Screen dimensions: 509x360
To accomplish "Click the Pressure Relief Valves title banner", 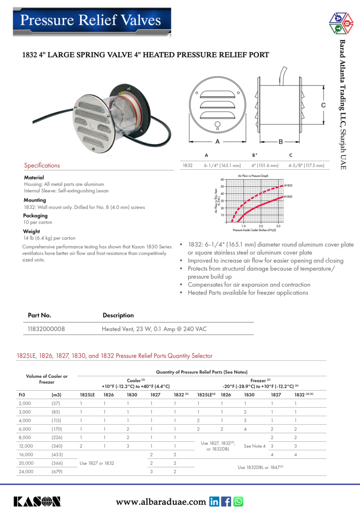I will [x=91, y=20].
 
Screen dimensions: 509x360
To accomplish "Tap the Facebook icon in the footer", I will [x=226, y=501].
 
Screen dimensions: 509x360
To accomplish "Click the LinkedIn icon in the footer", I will [x=214, y=501].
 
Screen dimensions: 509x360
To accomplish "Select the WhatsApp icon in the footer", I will [x=238, y=501].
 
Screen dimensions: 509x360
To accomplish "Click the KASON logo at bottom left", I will [x=37, y=501].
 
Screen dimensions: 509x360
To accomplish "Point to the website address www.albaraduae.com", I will [x=161, y=502].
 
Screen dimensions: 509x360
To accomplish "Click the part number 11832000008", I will [x=46, y=329].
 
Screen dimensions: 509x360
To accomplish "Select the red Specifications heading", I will [x=42, y=165].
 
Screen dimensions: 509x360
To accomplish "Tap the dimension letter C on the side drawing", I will [x=323, y=105].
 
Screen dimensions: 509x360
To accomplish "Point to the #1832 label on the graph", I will [x=288, y=186].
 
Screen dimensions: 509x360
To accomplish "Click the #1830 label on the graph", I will [x=288, y=197].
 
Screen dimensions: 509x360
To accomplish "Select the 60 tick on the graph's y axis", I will [x=228, y=180].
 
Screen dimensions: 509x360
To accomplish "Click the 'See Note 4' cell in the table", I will [x=255, y=446].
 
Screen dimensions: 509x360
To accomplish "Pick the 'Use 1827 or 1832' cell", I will [x=97, y=463].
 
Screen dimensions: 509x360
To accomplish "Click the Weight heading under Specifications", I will [x=32, y=231].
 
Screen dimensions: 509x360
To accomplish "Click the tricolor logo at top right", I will [x=341, y=23].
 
